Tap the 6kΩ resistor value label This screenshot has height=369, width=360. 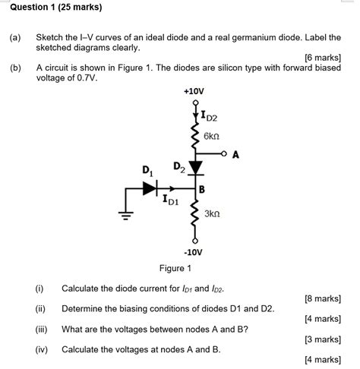211,137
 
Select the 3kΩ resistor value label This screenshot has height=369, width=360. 213,215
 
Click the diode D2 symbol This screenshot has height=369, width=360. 196,166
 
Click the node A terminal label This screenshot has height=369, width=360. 235,155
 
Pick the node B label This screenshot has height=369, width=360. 202,188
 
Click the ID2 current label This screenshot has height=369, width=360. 207,116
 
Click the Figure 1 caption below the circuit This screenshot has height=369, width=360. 175,268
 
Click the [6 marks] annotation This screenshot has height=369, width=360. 322,57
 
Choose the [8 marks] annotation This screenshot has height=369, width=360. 322,298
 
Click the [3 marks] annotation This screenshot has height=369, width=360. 322,339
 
